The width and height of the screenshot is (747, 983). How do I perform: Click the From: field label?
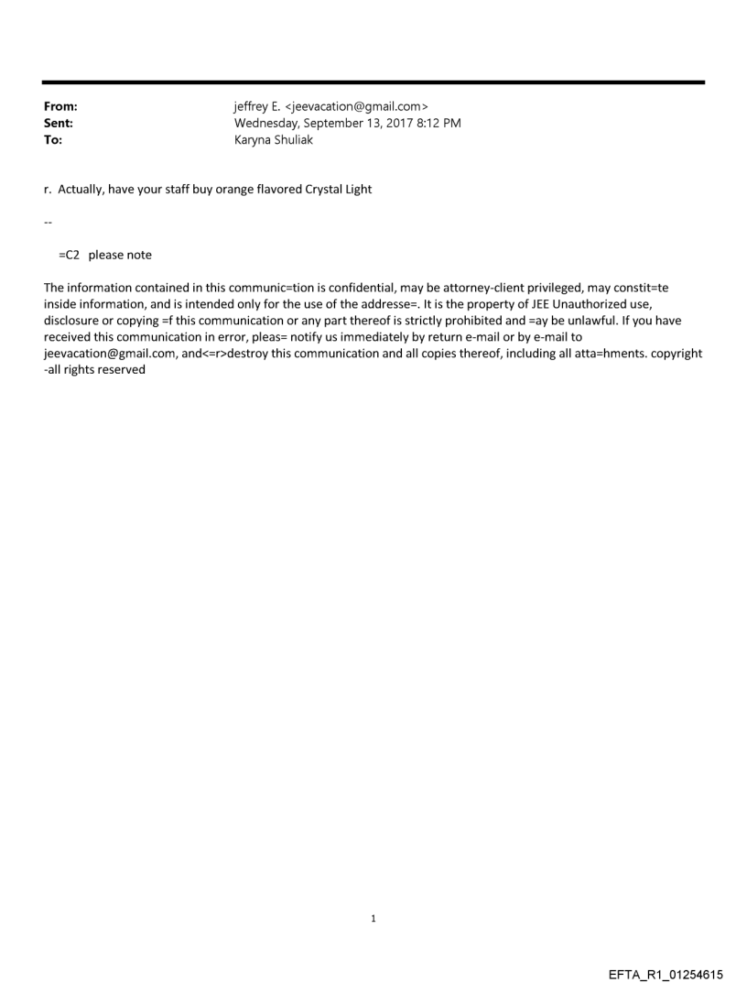[x=60, y=107]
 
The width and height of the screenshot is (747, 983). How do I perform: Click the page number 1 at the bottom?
[x=373, y=918]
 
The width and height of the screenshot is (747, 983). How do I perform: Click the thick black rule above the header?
[x=373, y=82]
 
